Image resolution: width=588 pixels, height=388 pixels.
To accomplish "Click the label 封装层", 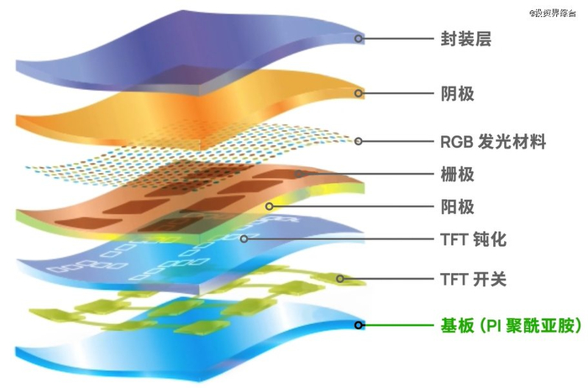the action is [x=465, y=39].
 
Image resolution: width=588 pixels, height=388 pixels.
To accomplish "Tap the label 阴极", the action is [x=458, y=93].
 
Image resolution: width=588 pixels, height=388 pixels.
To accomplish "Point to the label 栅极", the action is [x=458, y=175].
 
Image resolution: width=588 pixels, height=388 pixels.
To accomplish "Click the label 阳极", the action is [x=458, y=206].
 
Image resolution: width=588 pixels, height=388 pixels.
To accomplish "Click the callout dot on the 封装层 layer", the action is [x=359, y=39].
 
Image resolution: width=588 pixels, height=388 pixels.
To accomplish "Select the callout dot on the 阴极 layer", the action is [x=359, y=93].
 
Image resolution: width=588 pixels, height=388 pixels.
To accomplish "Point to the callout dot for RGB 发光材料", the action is [x=359, y=142].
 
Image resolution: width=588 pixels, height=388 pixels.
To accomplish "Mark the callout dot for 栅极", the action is [x=299, y=175].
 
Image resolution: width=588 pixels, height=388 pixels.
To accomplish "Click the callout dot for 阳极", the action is [x=270, y=206].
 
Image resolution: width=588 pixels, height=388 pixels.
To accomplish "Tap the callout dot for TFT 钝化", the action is [x=244, y=239].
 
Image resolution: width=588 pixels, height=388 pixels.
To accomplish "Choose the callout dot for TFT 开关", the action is [x=340, y=278].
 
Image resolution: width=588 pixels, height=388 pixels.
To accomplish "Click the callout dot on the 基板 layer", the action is [x=359, y=325].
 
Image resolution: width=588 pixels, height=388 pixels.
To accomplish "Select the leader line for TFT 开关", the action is [x=386, y=278].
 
